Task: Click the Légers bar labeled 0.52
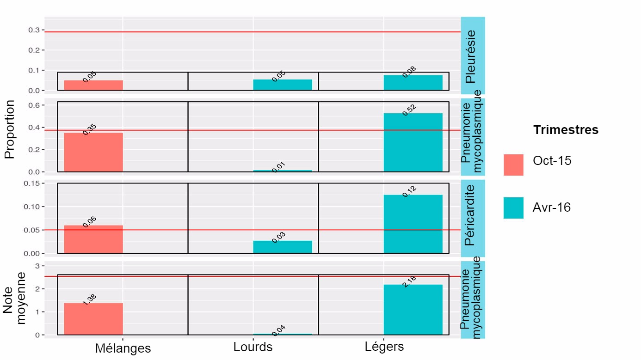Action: [413, 143]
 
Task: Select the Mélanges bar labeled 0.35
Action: [93, 153]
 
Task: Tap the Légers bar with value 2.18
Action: [413, 310]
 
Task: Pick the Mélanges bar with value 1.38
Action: [93, 319]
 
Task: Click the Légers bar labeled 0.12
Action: [413, 224]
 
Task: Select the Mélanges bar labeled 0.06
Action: [93, 239]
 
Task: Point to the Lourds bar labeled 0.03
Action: [283, 247]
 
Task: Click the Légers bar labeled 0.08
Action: [413, 83]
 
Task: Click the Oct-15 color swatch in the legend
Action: [513, 165]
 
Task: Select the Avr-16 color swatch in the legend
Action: [513, 208]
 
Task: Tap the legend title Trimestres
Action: [566, 130]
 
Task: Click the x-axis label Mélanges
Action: [123, 348]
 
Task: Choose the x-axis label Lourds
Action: [253, 347]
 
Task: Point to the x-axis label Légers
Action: [384, 347]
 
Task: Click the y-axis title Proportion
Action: [10, 129]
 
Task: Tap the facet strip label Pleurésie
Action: [471, 56]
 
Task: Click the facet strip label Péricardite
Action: [470, 215]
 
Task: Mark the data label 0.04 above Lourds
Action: [278, 330]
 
